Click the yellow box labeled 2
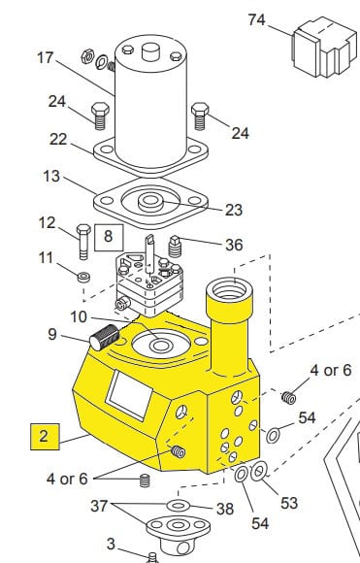(45, 436)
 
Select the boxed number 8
(109, 238)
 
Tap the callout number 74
(257, 19)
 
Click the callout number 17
(46, 58)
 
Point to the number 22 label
(58, 139)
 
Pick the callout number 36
(234, 245)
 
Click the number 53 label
(289, 503)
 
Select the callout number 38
(225, 509)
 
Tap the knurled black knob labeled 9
(105, 338)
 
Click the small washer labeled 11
(83, 278)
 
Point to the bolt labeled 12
(83, 242)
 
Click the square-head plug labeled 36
(175, 247)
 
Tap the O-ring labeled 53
(258, 472)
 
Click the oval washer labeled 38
(179, 506)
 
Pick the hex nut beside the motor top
(87, 56)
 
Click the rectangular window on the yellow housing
(130, 395)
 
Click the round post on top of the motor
(150, 51)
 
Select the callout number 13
(51, 177)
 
